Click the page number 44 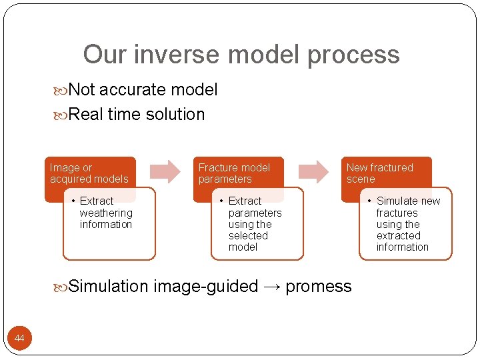19,339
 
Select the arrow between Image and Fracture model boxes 165,171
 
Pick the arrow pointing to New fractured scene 313,171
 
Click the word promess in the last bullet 319,287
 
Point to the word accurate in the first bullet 133,89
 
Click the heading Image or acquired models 89,173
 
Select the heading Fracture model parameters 234,173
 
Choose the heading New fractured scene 379,173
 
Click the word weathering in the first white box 106,213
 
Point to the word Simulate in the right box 397,201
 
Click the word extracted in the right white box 399,235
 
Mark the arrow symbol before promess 272,287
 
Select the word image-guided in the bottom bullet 205,287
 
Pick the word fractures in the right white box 397,213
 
